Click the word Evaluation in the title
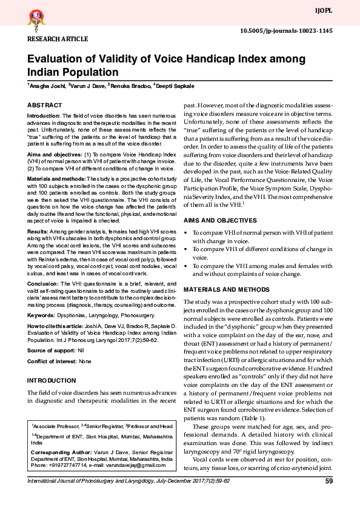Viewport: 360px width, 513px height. point(56,60)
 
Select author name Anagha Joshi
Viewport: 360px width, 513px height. point(47,87)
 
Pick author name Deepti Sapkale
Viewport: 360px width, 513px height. point(175,87)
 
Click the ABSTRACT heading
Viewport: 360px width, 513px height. point(44,105)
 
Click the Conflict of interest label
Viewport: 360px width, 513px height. point(52,361)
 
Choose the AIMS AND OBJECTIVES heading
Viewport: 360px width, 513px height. point(220,220)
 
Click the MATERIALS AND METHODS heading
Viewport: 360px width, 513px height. point(227,289)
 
